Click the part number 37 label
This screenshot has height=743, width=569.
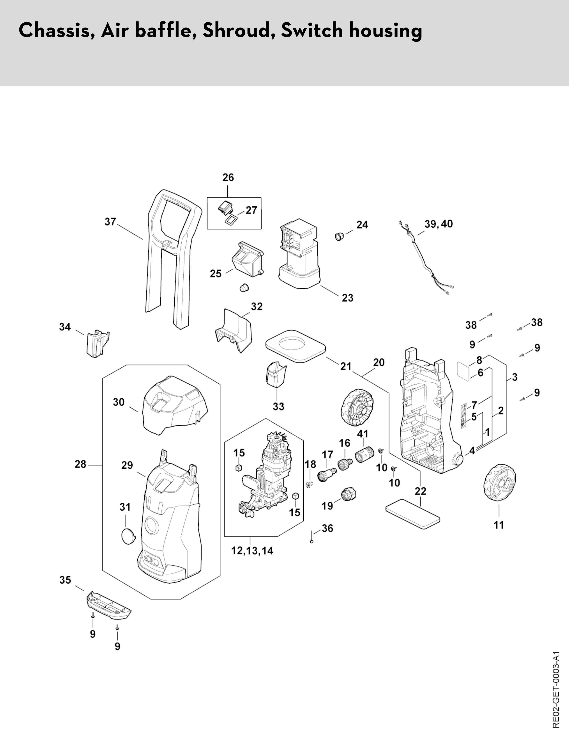coord(110,222)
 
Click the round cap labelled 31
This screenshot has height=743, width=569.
coord(128,536)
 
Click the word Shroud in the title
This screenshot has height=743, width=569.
coord(239,30)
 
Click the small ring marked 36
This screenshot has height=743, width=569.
coord(312,542)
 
